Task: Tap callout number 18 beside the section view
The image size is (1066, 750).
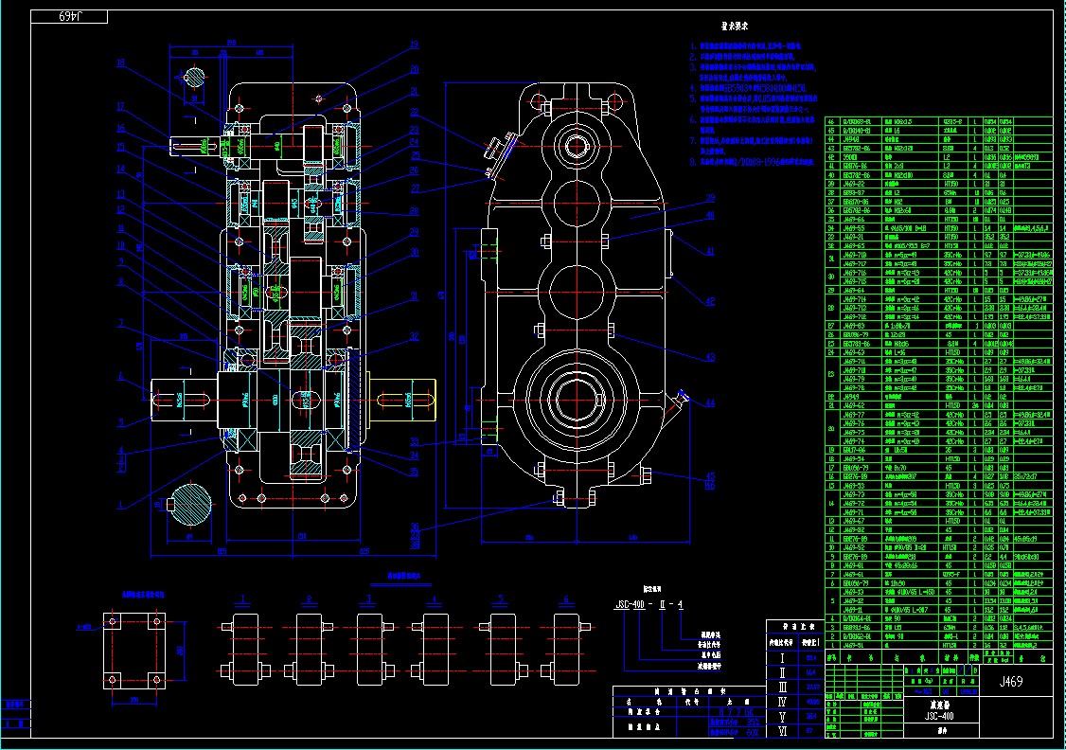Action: coord(120,63)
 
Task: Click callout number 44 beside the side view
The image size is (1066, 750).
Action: coord(709,402)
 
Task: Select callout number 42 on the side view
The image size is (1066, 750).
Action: coord(709,301)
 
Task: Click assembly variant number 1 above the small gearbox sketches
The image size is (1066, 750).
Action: coord(245,599)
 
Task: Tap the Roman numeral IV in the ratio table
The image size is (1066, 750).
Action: coord(782,702)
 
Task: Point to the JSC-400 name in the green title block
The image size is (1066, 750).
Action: coord(938,716)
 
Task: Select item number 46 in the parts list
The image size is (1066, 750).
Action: coord(832,121)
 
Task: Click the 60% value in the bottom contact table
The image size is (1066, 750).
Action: coord(754,732)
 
